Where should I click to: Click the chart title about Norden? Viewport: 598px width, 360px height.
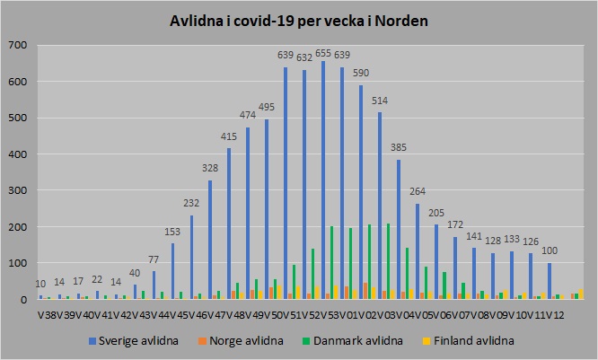298,21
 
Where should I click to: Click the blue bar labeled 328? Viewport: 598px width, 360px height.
210,240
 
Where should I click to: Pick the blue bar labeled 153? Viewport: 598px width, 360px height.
172,271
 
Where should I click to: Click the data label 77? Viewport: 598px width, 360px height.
154,260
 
